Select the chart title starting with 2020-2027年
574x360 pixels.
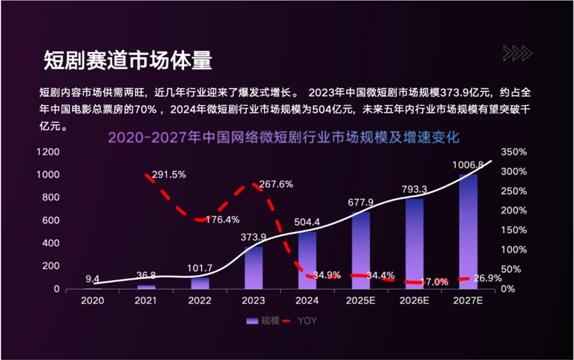[284, 138]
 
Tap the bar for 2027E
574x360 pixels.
[468, 233]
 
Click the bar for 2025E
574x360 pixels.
[361, 250]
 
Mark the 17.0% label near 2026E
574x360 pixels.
[434, 282]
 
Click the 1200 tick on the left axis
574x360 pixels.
[48, 152]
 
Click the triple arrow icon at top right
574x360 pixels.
[517, 53]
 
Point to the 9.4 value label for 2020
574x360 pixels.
[93, 280]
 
